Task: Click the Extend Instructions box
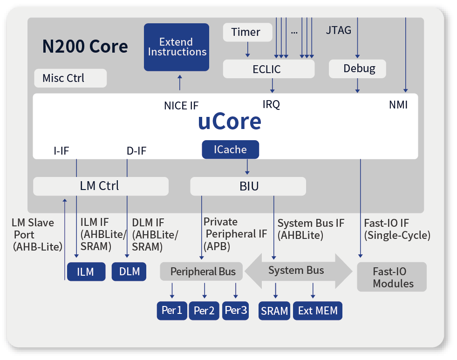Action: (x=177, y=47)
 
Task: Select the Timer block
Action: (x=247, y=32)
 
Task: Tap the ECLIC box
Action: (x=268, y=69)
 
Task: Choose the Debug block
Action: (x=357, y=69)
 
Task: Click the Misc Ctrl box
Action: (x=70, y=78)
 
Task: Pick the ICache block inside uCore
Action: (x=230, y=149)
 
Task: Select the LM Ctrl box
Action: (x=101, y=186)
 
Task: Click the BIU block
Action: (x=248, y=186)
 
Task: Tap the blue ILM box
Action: (x=86, y=272)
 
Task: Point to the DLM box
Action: (x=129, y=272)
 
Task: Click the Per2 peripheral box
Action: (x=204, y=311)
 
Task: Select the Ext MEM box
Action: (x=318, y=311)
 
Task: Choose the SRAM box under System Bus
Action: (x=274, y=311)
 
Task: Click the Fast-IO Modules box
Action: (x=392, y=277)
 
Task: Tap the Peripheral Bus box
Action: (x=201, y=272)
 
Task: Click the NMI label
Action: (x=398, y=105)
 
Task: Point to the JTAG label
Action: (x=338, y=30)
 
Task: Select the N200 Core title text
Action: (x=85, y=46)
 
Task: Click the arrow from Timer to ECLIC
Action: (x=248, y=49)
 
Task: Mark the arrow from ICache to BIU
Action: (x=247, y=167)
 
